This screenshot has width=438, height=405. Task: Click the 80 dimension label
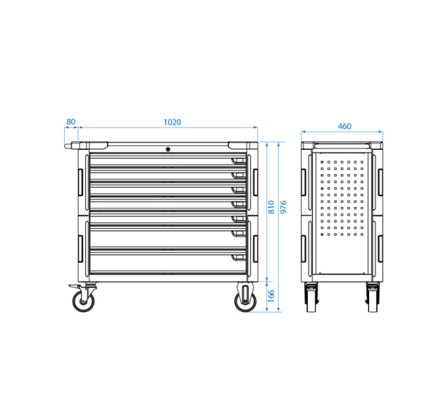tap(71, 122)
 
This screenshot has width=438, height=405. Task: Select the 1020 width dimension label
tap(172, 122)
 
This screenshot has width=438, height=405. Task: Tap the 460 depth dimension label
tap(345, 126)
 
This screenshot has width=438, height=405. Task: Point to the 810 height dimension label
tap(271, 207)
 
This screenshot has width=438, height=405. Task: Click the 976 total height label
tap(283, 207)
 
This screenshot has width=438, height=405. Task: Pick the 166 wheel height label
tap(271, 296)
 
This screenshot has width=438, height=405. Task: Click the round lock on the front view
tap(168, 149)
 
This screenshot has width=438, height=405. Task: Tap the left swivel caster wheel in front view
tap(83, 301)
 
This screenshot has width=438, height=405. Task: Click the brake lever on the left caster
tap(73, 286)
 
